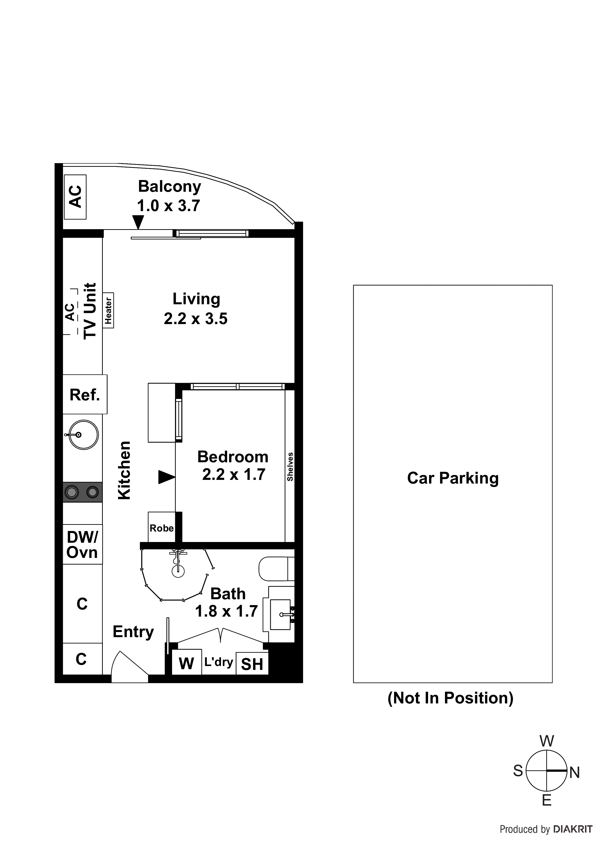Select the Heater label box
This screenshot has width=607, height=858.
pyautogui.click(x=108, y=311)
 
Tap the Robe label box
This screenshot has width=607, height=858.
pyautogui.click(x=162, y=528)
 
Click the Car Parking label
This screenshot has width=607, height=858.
pyautogui.click(x=453, y=478)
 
